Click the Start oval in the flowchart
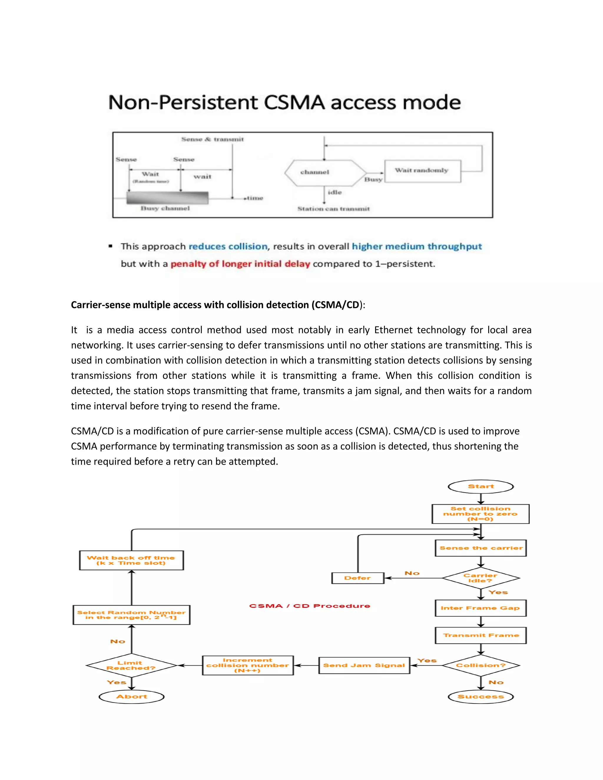click(481, 487)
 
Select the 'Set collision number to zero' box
click(480, 514)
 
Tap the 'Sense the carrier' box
click(481, 548)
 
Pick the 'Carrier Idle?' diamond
click(481, 578)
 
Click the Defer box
click(357, 578)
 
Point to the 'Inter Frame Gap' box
click(481, 608)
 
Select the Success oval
click(481, 696)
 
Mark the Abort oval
click(131, 696)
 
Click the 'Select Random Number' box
click(131, 615)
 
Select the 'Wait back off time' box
click(131, 560)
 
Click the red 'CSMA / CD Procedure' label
click(309, 606)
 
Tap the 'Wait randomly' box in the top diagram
click(422, 171)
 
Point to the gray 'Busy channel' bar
click(167, 198)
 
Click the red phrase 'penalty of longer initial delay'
click(240, 264)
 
